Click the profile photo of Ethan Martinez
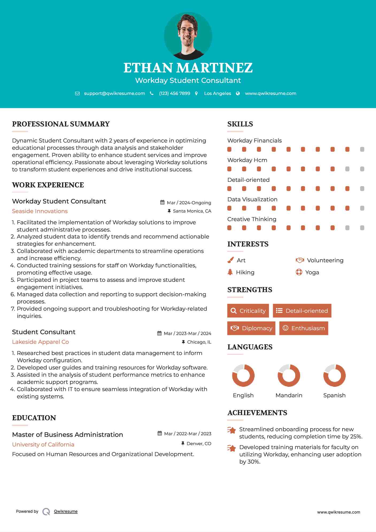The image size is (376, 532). pyautogui.click(x=188, y=36)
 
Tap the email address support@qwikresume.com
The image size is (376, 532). pyautogui.click(x=114, y=93)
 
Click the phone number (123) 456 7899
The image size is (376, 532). pyautogui.click(x=175, y=93)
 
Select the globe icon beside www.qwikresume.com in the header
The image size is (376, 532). pyautogui.click(x=238, y=93)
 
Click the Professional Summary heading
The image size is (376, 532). pyautogui.click(x=61, y=124)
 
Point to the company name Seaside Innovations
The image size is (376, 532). pyautogui.click(x=40, y=211)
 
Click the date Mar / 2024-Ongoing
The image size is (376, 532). pyautogui.click(x=189, y=203)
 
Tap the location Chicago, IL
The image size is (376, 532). pyautogui.click(x=199, y=342)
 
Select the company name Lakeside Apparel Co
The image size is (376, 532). pyautogui.click(x=40, y=342)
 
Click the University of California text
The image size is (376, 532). pyautogui.click(x=43, y=444)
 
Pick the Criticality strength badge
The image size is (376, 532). pyautogui.click(x=248, y=311)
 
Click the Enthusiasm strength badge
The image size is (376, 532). pyautogui.click(x=304, y=328)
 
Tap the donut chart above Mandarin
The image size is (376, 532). pyautogui.click(x=289, y=375)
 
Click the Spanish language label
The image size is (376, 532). pyautogui.click(x=334, y=395)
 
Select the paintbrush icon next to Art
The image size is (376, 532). pyautogui.click(x=230, y=260)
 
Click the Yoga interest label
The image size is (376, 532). pyautogui.click(x=312, y=272)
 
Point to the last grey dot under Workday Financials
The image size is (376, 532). pyautogui.click(x=362, y=149)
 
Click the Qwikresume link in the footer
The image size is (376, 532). pyautogui.click(x=66, y=511)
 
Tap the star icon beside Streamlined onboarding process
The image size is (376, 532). pyautogui.click(x=231, y=430)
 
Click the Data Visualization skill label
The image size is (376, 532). pyautogui.click(x=252, y=199)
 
